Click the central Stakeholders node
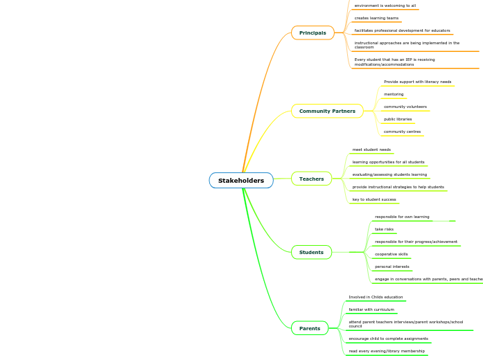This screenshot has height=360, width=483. tap(241, 181)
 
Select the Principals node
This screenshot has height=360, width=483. tap(313, 33)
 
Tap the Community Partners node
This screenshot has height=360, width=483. tap(327, 111)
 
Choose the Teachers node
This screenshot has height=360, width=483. tap(311, 179)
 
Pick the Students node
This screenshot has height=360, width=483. tap(311, 252)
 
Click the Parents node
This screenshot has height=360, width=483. tap(310, 328)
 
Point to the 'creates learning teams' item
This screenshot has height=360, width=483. tap(376, 18)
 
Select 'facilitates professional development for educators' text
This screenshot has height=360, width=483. tap(402, 30)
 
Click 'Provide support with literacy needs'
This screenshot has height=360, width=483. tap(417, 82)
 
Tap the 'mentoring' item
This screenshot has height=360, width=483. tap(394, 94)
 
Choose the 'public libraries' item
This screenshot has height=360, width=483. tap(398, 119)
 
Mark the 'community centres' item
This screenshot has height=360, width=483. tap(402, 132)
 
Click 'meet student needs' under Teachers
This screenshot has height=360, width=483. tap(371, 150)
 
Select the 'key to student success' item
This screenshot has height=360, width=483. tap(374, 199)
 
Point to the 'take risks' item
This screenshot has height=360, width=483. tap(384, 229)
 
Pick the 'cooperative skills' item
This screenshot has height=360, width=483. tap(392, 254)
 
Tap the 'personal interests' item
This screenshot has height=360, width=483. tap(392, 267)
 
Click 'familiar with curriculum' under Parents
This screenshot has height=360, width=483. tap(371, 309)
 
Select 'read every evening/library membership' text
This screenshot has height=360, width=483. tap(387, 351)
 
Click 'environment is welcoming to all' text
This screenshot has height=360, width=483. tap(385, 6)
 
